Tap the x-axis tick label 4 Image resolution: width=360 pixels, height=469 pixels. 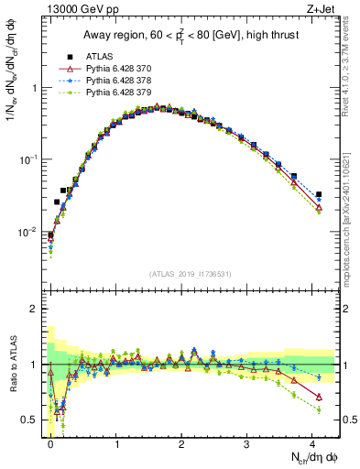[312, 443]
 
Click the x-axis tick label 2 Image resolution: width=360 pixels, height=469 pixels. [181, 443]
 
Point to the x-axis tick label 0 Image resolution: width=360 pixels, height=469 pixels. [50, 443]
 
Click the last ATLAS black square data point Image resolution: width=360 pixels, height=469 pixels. [319, 194]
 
